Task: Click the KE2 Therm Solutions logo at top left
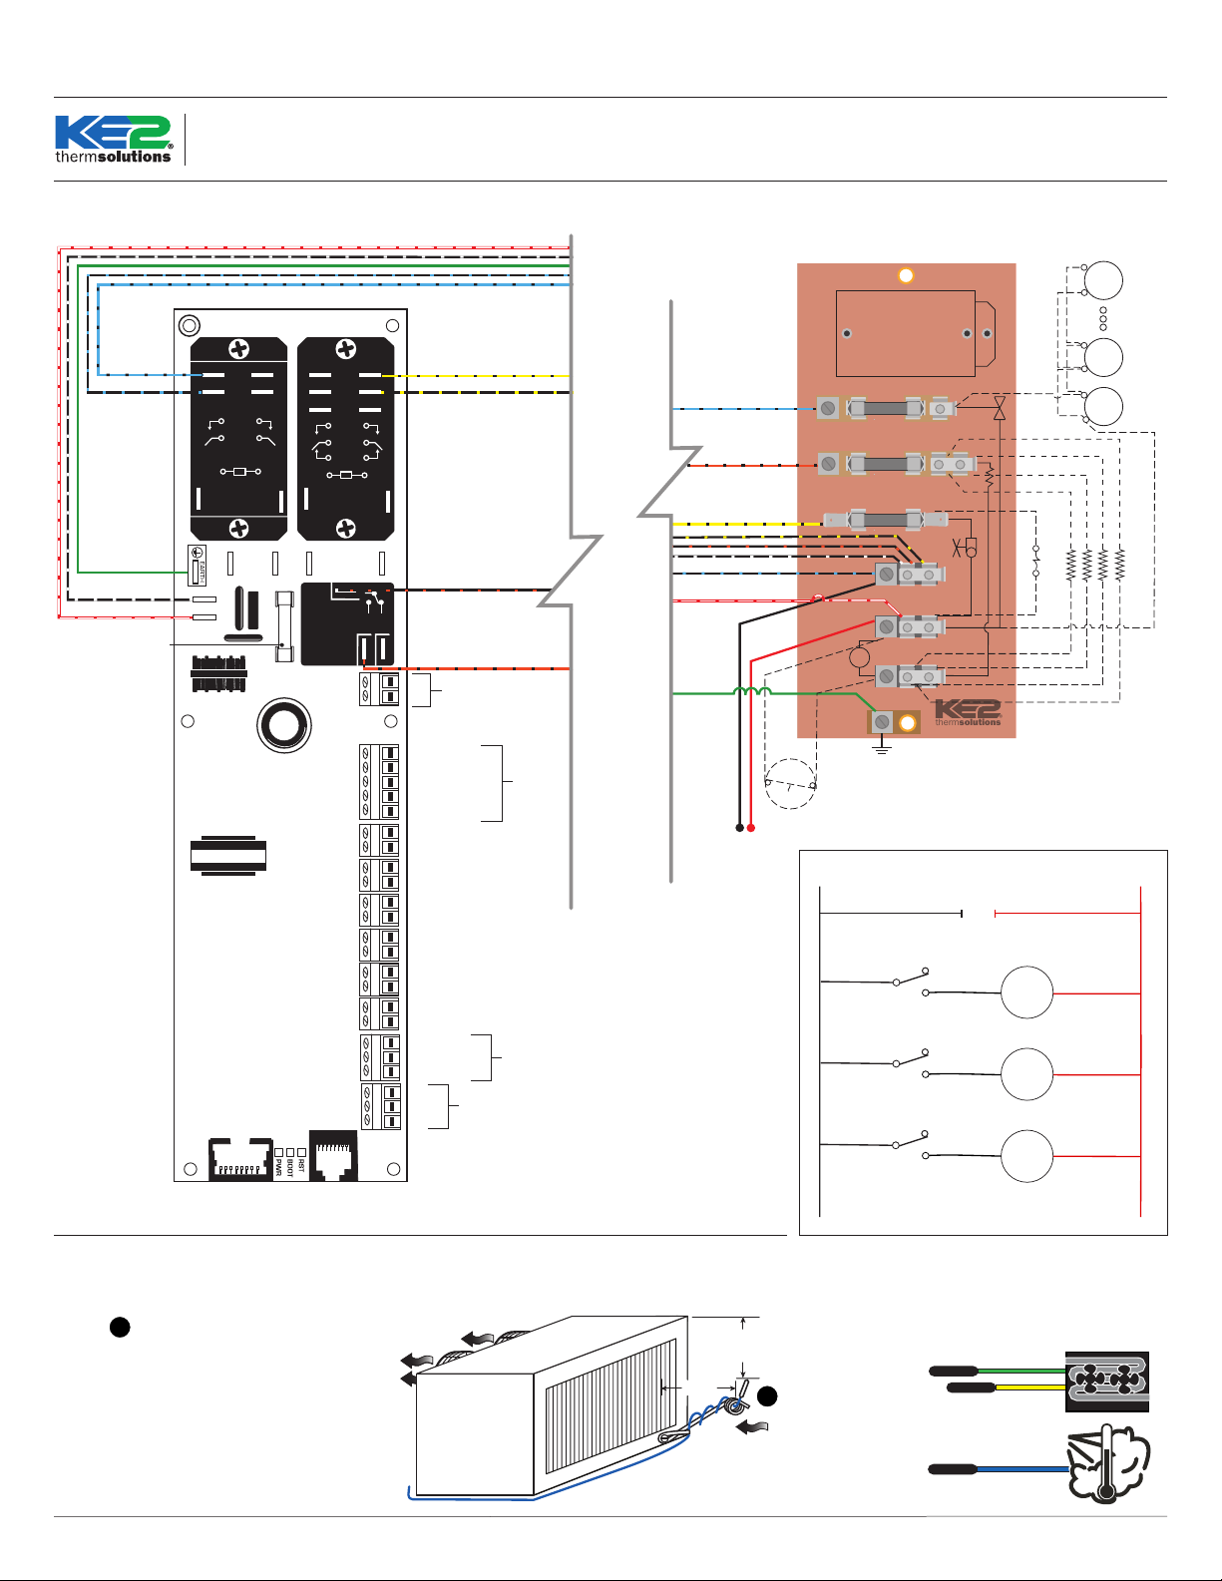pyautogui.click(x=114, y=140)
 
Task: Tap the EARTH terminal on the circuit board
pyautogui.click(x=198, y=566)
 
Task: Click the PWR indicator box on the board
pyautogui.click(x=278, y=1154)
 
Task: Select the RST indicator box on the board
pyautogui.click(x=301, y=1153)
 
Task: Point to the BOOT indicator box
pyautogui.click(x=290, y=1154)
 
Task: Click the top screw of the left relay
pyautogui.click(x=239, y=349)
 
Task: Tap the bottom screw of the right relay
pyautogui.click(x=345, y=528)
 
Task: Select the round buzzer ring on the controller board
pyautogui.click(x=284, y=725)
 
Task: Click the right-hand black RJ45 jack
pyautogui.click(x=333, y=1157)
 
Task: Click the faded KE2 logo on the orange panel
pyautogui.click(x=967, y=712)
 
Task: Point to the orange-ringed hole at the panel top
pyautogui.click(x=906, y=275)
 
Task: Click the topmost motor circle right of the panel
pyautogui.click(x=1103, y=280)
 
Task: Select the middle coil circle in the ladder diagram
pyautogui.click(x=1026, y=1074)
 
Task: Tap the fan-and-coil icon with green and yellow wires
pyautogui.click(x=1106, y=1382)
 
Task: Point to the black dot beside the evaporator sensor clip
pyautogui.click(x=766, y=1396)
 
